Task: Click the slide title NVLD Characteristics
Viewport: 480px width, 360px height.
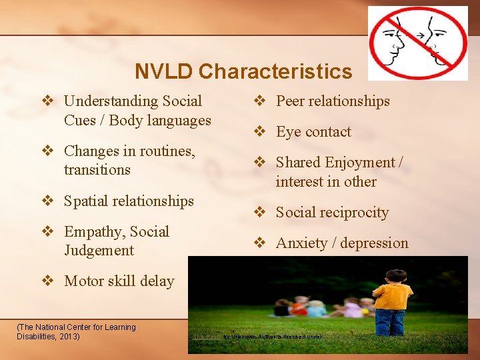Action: [x=243, y=71]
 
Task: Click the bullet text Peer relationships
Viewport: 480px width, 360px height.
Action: [x=333, y=101]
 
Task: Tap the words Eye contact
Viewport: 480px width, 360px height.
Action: [x=313, y=132]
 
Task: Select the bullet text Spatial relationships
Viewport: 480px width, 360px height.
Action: [x=129, y=201]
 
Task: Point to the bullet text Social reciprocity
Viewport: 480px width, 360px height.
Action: [x=332, y=213]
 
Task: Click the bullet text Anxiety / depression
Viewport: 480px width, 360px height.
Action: [x=342, y=243]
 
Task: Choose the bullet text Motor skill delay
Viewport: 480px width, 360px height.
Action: [x=119, y=281]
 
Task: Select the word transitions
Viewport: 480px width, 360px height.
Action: [x=97, y=170]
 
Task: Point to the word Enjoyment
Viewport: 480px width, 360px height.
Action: [x=361, y=163]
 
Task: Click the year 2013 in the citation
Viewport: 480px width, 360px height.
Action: [x=67, y=336]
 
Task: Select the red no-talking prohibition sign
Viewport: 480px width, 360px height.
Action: [x=418, y=43]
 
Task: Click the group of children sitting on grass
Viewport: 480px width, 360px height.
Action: [x=323, y=307]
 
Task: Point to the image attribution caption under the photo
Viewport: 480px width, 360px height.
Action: [x=260, y=337]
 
